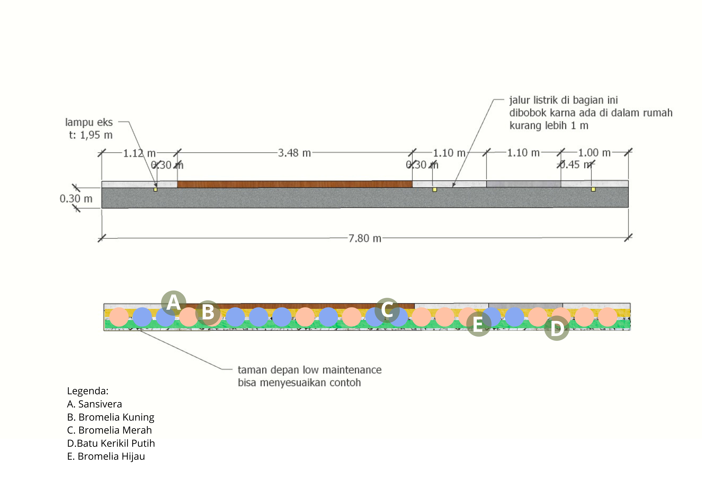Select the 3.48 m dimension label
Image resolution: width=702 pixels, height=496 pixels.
(x=294, y=153)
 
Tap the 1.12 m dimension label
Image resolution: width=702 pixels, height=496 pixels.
(x=139, y=153)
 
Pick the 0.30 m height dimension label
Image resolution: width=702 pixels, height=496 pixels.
(x=76, y=199)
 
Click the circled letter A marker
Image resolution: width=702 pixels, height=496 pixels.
(x=173, y=303)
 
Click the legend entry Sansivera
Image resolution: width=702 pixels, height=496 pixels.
(x=94, y=404)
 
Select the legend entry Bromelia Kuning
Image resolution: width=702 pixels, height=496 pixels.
(x=111, y=417)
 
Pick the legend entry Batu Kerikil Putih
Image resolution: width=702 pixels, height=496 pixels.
(x=111, y=443)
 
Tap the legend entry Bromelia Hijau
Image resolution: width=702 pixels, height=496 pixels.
(x=106, y=456)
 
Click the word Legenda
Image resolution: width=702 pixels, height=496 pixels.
(x=88, y=391)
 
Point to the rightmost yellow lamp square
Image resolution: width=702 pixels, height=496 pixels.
(x=593, y=189)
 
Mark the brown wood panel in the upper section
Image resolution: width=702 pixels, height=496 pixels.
(x=294, y=184)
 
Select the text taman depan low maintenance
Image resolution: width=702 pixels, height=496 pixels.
(x=309, y=370)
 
